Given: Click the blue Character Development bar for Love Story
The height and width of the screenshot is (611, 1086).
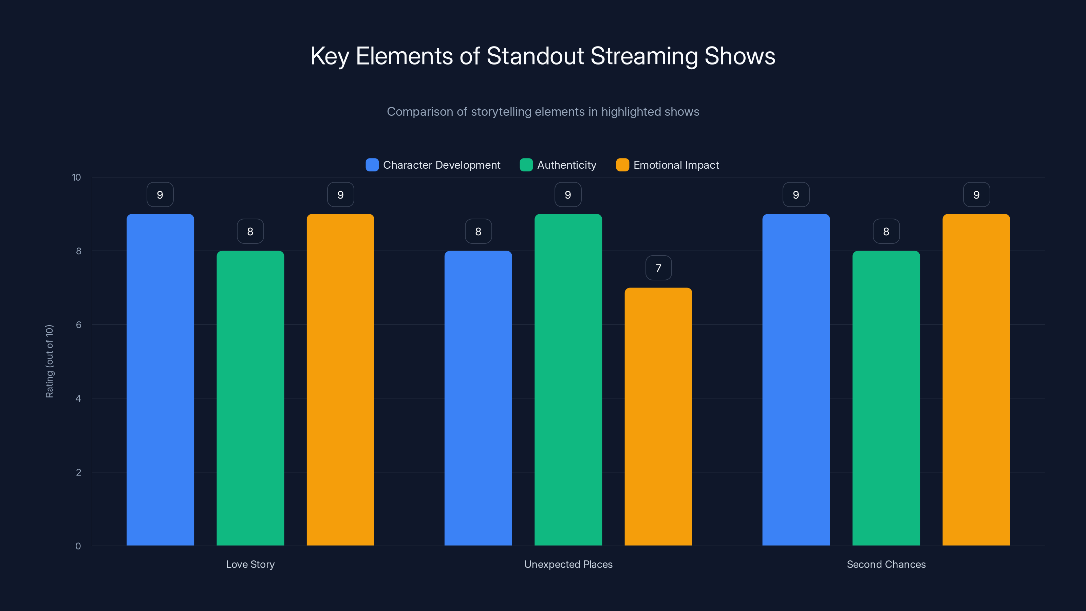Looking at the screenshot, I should [x=160, y=379].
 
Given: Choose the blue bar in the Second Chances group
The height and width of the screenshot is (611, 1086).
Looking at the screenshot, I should [x=796, y=379].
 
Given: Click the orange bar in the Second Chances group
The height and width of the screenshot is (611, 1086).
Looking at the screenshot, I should [x=976, y=379].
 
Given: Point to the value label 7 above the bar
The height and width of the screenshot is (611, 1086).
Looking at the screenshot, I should [x=658, y=268].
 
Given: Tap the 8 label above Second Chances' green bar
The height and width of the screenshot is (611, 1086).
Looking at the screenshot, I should [x=886, y=232].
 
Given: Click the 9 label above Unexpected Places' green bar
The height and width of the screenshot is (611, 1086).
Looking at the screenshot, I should [x=568, y=195].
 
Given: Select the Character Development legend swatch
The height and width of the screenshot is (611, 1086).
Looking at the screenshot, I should [x=372, y=165].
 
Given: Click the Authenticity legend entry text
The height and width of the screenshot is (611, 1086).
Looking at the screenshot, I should [x=567, y=165].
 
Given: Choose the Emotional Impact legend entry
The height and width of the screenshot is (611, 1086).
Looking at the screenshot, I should [x=676, y=165].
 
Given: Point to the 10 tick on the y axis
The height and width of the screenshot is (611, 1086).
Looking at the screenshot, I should [x=76, y=177].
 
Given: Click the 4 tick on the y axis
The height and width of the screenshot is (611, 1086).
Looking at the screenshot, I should [x=78, y=399].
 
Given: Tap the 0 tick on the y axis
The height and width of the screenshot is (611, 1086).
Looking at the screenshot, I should [x=78, y=546].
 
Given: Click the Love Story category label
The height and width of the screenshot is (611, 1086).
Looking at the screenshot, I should [x=250, y=564].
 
